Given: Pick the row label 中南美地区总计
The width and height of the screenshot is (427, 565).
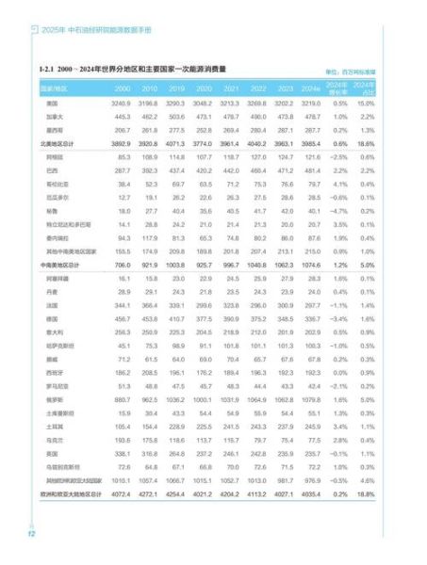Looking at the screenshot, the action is (60, 266).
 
